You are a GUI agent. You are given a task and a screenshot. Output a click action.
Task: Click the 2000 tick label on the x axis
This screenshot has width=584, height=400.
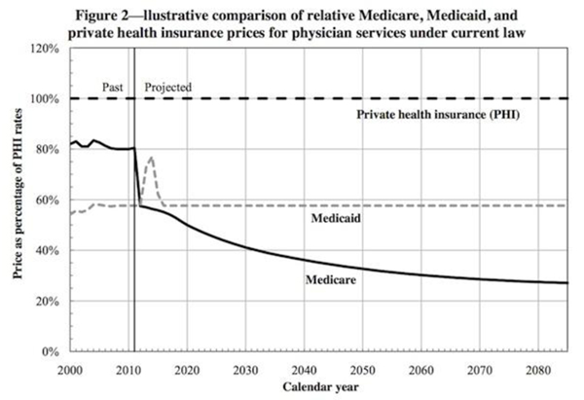pos(70,371)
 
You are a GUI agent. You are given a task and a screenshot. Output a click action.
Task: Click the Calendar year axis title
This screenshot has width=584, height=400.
pos(320,388)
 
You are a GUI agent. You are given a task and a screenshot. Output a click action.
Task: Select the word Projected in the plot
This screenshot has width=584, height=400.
pos(168,88)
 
